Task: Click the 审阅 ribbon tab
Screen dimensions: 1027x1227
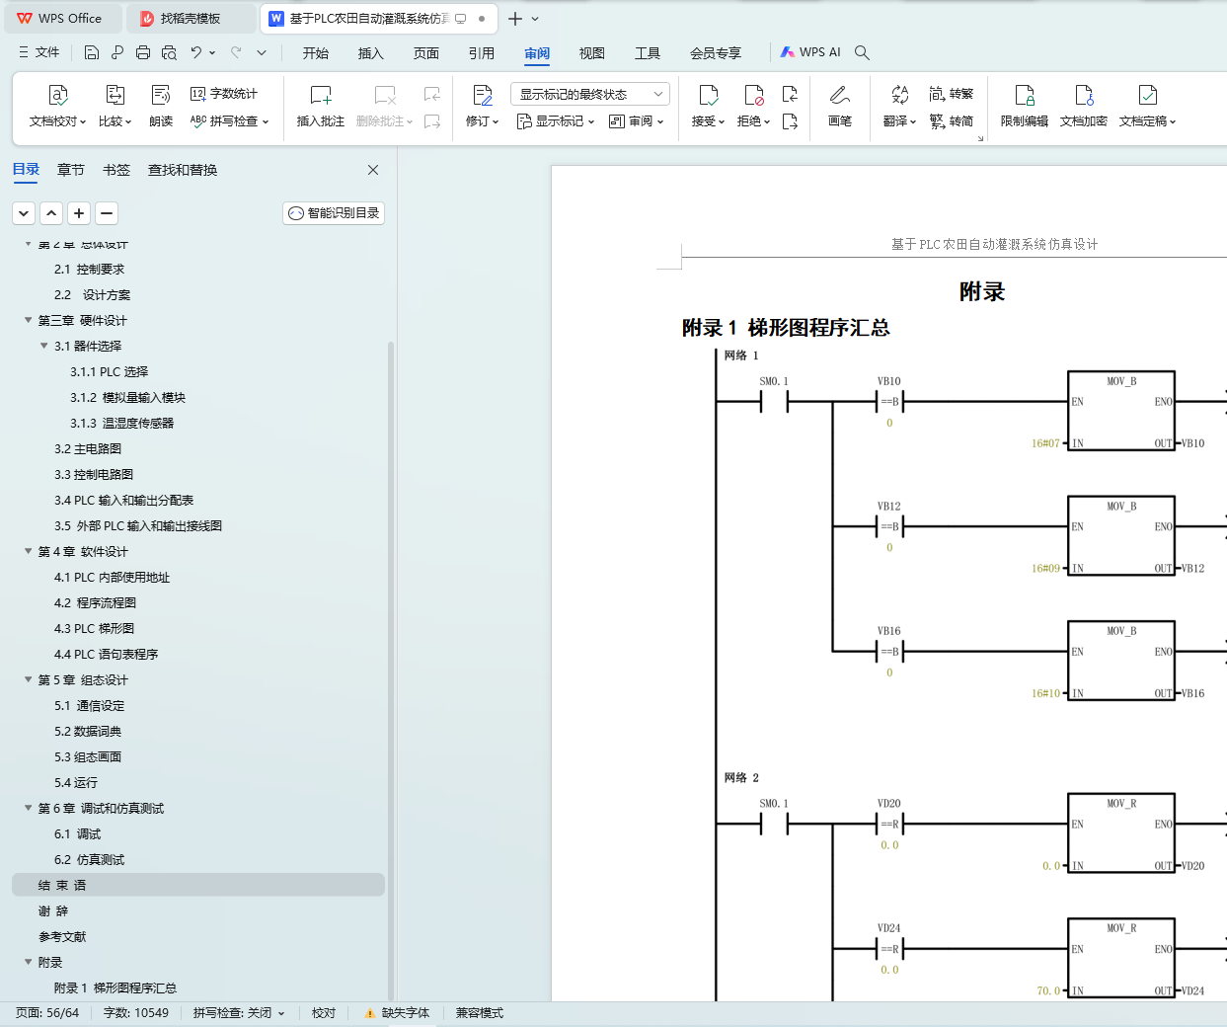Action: pyautogui.click(x=537, y=53)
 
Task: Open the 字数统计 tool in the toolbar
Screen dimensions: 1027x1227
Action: pyautogui.click(x=224, y=94)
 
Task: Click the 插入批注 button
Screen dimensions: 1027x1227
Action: pyautogui.click(x=321, y=106)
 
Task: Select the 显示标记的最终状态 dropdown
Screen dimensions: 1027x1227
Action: pyautogui.click(x=590, y=94)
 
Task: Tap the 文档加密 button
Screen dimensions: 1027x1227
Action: pyautogui.click(x=1083, y=106)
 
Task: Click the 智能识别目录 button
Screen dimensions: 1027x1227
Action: pyautogui.click(x=334, y=213)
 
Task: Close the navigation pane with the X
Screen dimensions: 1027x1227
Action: pyautogui.click(x=373, y=170)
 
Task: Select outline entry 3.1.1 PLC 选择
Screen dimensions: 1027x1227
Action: pyautogui.click(x=109, y=372)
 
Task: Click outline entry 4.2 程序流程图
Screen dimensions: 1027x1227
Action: pyautogui.click(x=95, y=603)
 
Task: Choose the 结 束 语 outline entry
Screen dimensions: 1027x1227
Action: pyautogui.click(x=62, y=886)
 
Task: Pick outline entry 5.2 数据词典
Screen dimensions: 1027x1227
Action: pyautogui.click(x=88, y=732)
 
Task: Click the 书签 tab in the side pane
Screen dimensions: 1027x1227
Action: pyautogui.click(x=116, y=170)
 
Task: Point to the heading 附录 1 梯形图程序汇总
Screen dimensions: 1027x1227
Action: pyautogui.click(x=786, y=328)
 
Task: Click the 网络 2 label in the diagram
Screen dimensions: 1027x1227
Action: pyautogui.click(x=741, y=778)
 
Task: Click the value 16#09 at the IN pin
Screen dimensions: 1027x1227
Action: pyautogui.click(x=1045, y=569)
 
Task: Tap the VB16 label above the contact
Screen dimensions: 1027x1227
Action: pyautogui.click(x=888, y=631)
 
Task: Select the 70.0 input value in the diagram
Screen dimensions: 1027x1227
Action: pyautogui.click(x=1048, y=990)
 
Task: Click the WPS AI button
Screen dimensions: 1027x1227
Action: pyautogui.click(x=810, y=52)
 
